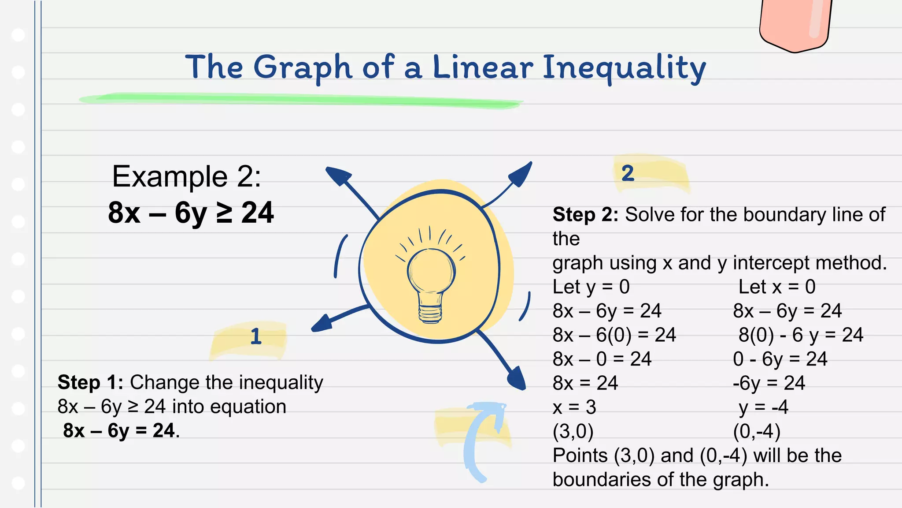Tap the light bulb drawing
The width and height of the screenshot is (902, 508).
click(431, 282)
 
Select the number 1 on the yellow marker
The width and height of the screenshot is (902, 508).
click(255, 336)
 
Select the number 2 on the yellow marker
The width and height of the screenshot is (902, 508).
click(628, 173)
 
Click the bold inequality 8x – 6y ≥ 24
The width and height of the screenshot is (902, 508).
click(191, 213)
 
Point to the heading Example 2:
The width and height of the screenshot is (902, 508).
click(186, 176)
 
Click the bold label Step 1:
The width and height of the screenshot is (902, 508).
click(90, 382)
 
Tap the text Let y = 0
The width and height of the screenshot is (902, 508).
click(591, 287)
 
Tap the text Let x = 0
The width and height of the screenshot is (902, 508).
click(777, 287)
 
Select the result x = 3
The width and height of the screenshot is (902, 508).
click(574, 407)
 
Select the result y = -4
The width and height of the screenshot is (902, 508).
click(763, 407)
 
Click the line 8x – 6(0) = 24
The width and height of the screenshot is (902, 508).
click(614, 335)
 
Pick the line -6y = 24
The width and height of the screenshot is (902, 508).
click(769, 383)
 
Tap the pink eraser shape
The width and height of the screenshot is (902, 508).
click(795, 24)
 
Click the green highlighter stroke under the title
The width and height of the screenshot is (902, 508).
click(299, 100)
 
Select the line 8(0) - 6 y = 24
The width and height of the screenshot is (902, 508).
click(801, 335)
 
